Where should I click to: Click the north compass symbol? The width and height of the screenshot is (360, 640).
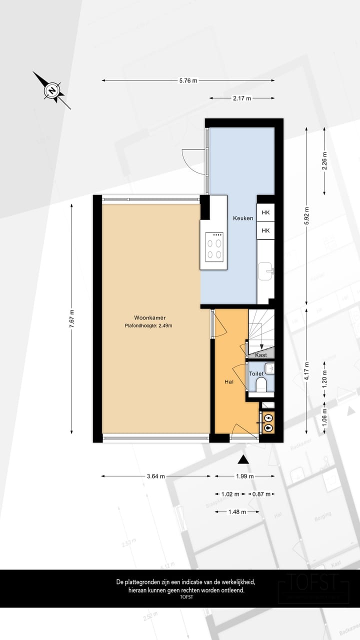click(51, 90)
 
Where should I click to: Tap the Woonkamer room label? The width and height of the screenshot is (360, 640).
click(149, 317)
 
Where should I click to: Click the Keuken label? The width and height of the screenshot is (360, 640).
click(242, 218)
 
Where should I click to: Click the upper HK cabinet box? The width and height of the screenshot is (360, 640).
click(265, 212)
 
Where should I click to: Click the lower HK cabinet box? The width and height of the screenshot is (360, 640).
click(265, 230)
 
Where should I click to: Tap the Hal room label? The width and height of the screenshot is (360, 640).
click(229, 381)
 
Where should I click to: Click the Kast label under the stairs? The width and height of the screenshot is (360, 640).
click(260, 355)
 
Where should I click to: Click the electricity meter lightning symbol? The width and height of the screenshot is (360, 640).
click(268, 417)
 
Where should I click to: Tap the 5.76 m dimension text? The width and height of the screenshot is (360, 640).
click(187, 80)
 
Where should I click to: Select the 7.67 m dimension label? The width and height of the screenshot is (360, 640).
click(72, 318)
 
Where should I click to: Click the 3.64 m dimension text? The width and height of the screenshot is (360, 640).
click(156, 476)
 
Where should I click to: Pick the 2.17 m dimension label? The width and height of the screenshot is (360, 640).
click(241, 98)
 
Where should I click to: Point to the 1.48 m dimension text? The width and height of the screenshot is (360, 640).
click(237, 512)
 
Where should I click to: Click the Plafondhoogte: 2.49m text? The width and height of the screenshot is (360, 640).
click(149, 325)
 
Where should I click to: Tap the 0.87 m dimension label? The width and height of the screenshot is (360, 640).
click(261, 494)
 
